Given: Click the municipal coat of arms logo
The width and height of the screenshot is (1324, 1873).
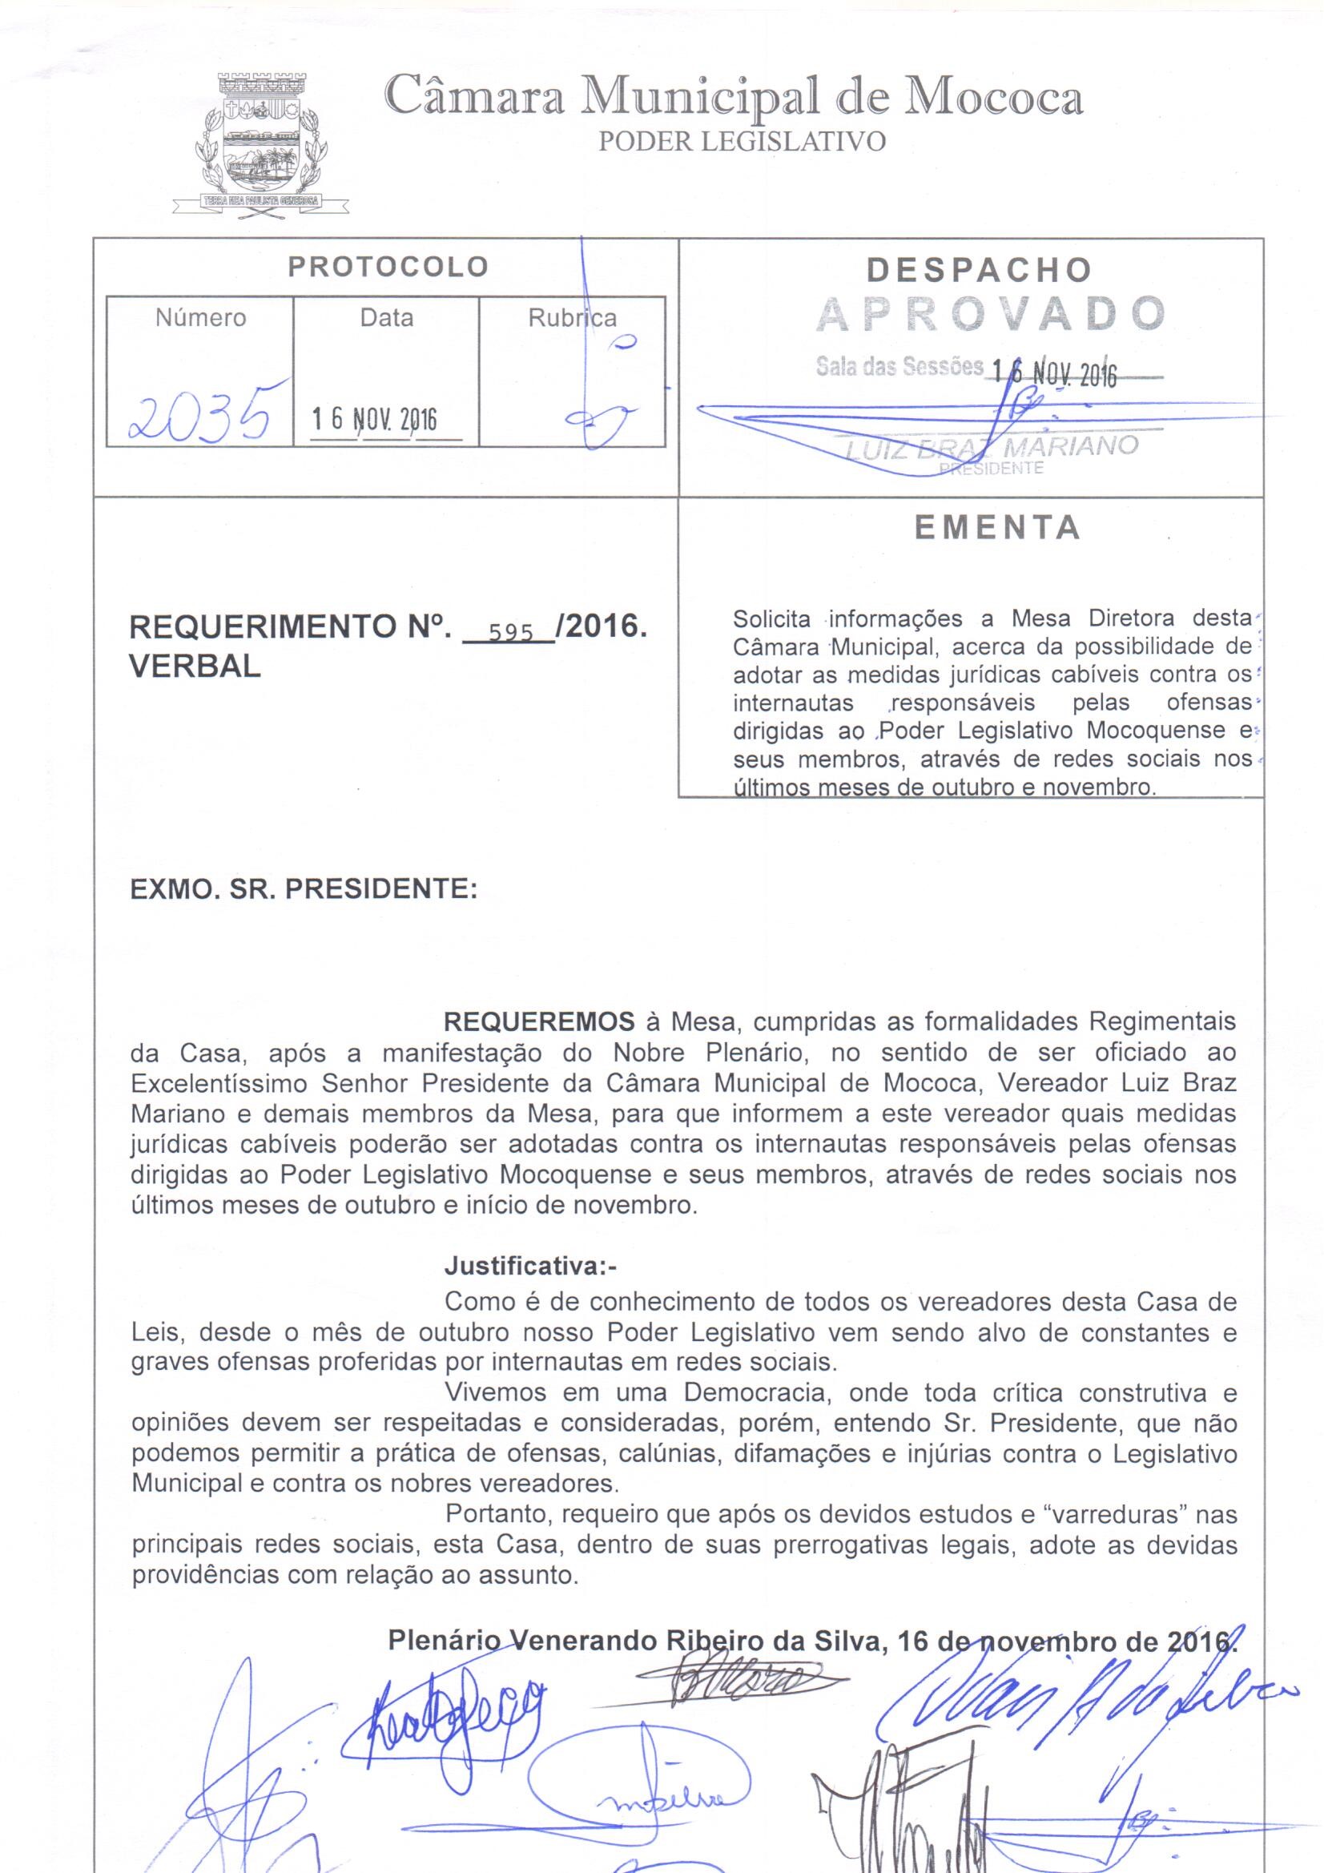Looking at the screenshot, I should [x=260, y=145].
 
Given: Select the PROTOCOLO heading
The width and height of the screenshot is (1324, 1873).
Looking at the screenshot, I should [x=388, y=267].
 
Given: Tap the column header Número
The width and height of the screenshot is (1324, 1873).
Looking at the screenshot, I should [x=201, y=317].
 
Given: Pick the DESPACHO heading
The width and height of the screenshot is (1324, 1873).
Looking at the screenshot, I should [x=979, y=269].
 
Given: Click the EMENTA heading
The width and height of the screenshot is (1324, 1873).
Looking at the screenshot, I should [x=997, y=528].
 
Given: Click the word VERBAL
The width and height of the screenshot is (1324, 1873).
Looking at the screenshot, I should [x=195, y=667].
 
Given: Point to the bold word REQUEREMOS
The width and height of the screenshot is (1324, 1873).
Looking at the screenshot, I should [x=538, y=1021].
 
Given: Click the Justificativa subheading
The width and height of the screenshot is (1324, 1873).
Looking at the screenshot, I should [x=531, y=1267].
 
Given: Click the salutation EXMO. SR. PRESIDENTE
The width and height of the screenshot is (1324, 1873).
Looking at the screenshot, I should [x=304, y=888].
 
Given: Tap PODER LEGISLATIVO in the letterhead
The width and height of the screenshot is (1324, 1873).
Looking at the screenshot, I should [x=742, y=142].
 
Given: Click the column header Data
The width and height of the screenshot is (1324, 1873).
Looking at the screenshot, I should [x=387, y=317].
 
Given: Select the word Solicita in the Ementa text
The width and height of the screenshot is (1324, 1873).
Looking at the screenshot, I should [x=771, y=619].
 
